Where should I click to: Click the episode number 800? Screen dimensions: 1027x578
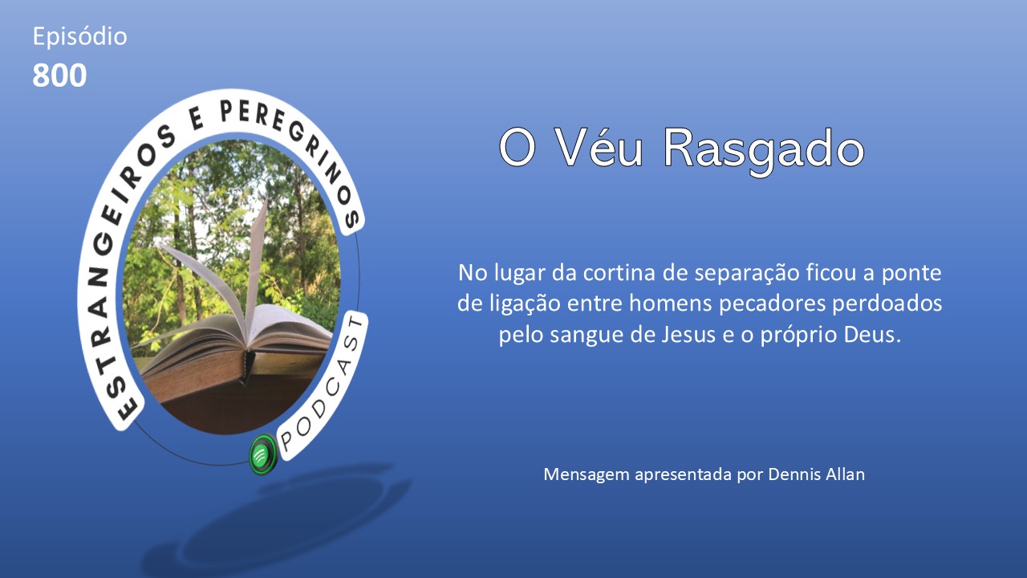(59, 75)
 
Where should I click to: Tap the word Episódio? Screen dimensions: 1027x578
(79, 37)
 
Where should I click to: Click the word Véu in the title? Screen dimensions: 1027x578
(599, 148)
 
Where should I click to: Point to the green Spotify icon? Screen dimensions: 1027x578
(263, 454)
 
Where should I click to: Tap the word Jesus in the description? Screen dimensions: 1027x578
(688, 334)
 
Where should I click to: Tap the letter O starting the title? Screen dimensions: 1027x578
(518, 149)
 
